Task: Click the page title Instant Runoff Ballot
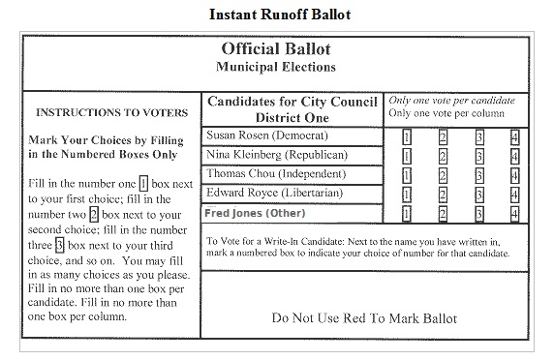point(276,15)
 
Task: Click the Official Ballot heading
point(277,50)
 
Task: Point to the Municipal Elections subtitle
point(277,68)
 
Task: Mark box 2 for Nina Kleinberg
point(443,156)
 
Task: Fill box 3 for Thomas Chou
point(478,175)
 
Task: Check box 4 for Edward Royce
point(514,195)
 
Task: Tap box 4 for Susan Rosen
point(514,136)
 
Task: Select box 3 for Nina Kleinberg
point(478,156)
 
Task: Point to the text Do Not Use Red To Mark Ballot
point(364,317)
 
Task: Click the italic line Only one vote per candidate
point(451,101)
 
